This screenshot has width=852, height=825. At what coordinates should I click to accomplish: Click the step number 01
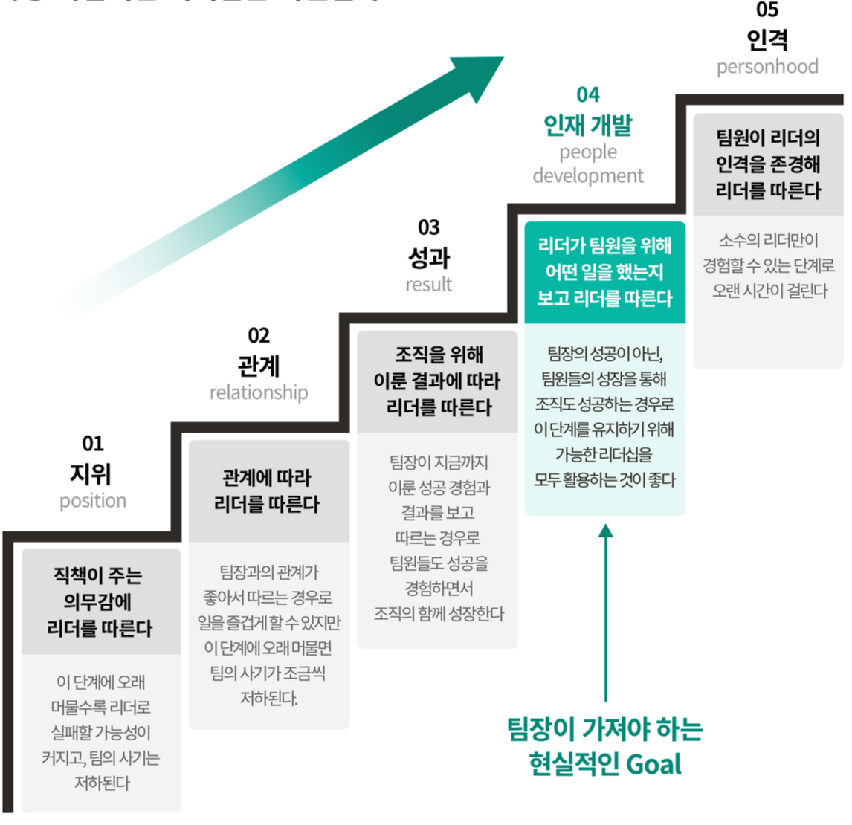93,444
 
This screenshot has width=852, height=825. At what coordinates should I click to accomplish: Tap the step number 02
259,335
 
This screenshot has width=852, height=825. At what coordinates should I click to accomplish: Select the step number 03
429,227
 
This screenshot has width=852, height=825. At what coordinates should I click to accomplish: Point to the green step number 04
588,94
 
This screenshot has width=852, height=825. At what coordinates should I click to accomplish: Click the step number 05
767,10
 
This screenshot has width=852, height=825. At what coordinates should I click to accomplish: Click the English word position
93,501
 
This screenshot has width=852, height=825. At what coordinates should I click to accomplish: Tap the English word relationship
259,392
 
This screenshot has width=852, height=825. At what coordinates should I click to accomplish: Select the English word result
429,284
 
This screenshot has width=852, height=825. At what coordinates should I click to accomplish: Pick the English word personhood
767,67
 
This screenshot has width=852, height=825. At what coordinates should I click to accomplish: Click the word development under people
588,176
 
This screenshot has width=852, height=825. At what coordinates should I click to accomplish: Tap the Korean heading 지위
91,473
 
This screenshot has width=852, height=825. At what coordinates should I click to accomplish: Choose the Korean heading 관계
259,366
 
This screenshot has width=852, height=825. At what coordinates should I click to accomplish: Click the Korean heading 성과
429,257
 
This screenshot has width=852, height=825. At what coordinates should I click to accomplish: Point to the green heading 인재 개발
588,126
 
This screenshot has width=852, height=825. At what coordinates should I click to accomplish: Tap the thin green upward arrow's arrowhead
606,531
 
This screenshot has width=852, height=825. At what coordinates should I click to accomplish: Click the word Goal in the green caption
654,764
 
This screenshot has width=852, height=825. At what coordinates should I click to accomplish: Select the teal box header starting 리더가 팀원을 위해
604,272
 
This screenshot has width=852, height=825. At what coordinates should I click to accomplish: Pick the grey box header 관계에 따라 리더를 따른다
268,491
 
